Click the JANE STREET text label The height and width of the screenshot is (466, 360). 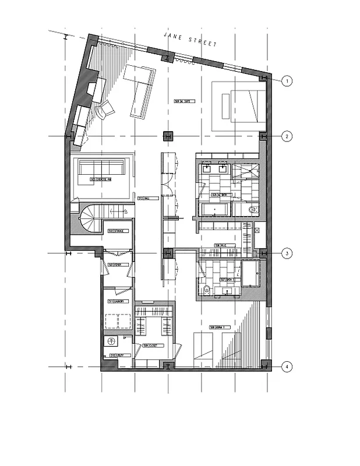click(190, 40)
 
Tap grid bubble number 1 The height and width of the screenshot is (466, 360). click(287, 81)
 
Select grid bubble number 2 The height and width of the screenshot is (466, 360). click(287, 136)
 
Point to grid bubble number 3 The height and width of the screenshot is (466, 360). click(287, 253)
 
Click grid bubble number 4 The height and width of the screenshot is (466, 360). click(287, 367)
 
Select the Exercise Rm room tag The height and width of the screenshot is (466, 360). click(101, 180)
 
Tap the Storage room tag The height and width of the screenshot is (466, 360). click(115, 231)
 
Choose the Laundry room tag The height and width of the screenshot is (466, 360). click(115, 301)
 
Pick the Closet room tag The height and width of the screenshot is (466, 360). click(154, 345)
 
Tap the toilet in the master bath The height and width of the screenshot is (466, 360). click(252, 209)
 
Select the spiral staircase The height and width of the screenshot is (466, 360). click(90, 219)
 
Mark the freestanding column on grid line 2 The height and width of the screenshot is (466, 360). click(168, 136)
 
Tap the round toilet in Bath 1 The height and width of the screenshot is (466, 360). click(205, 290)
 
